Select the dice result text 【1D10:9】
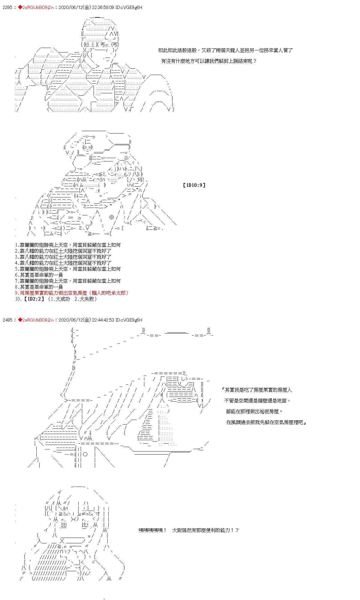[194, 185]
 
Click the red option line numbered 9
[72, 293]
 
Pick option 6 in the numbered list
[39, 275]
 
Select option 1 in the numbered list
[67, 245]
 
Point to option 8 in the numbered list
[39, 287]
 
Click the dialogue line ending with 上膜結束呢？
[209, 61]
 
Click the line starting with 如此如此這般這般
[225, 50]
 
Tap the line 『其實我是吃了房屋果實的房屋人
[257, 390]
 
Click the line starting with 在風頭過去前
[266, 422]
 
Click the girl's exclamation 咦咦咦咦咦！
[152, 530]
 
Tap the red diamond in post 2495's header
[20, 320]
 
